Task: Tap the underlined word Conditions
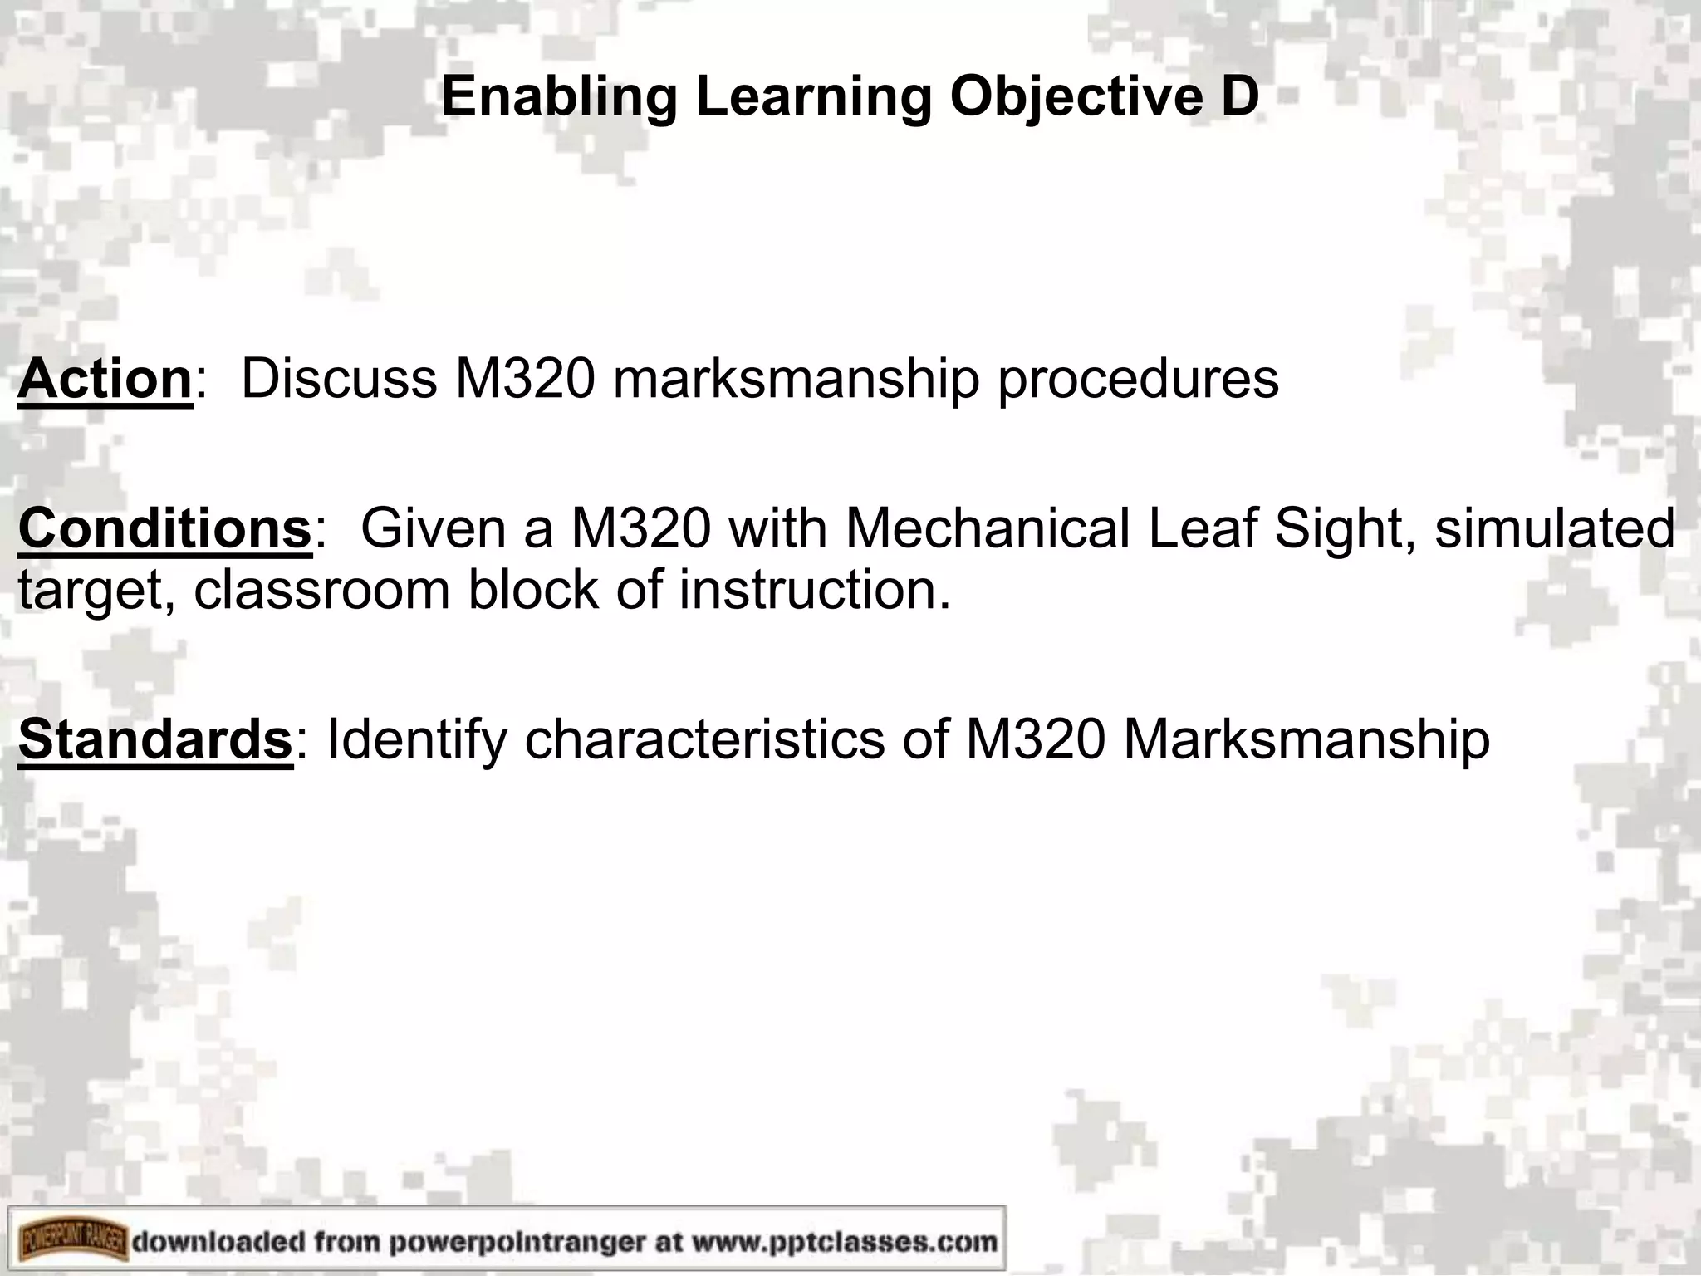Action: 164,528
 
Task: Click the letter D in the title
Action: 1239,96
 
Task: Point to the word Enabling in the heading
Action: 559,96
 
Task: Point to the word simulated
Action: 1554,528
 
